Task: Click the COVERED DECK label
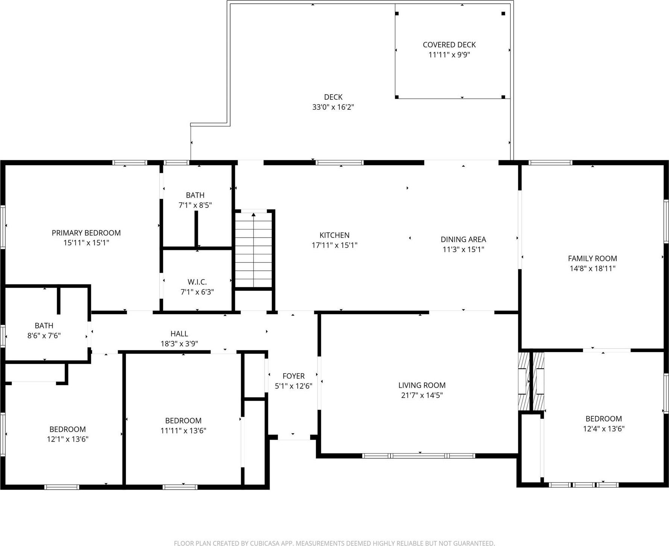coord(449,45)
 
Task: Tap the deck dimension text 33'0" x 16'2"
coord(333,107)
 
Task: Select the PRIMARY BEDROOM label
coord(86,233)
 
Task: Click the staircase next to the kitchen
coord(253,250)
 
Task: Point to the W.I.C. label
coord(197,282)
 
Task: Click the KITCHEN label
coord(334,235)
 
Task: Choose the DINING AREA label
coord(463,239)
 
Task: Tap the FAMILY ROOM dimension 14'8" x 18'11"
coord(592,268)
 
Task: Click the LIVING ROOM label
coord(422,385)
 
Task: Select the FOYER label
coord(294,376)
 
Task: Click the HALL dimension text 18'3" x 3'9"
coord(179,343)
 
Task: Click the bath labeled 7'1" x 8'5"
coord(195,200)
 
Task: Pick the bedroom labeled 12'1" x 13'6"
coord(68,434)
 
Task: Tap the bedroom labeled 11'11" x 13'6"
coord(183,425)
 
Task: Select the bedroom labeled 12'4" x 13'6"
coord(604,423)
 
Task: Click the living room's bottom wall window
coord(419,456)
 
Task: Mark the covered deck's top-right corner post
coord(503,14)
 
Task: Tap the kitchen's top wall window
coord(339,163)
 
